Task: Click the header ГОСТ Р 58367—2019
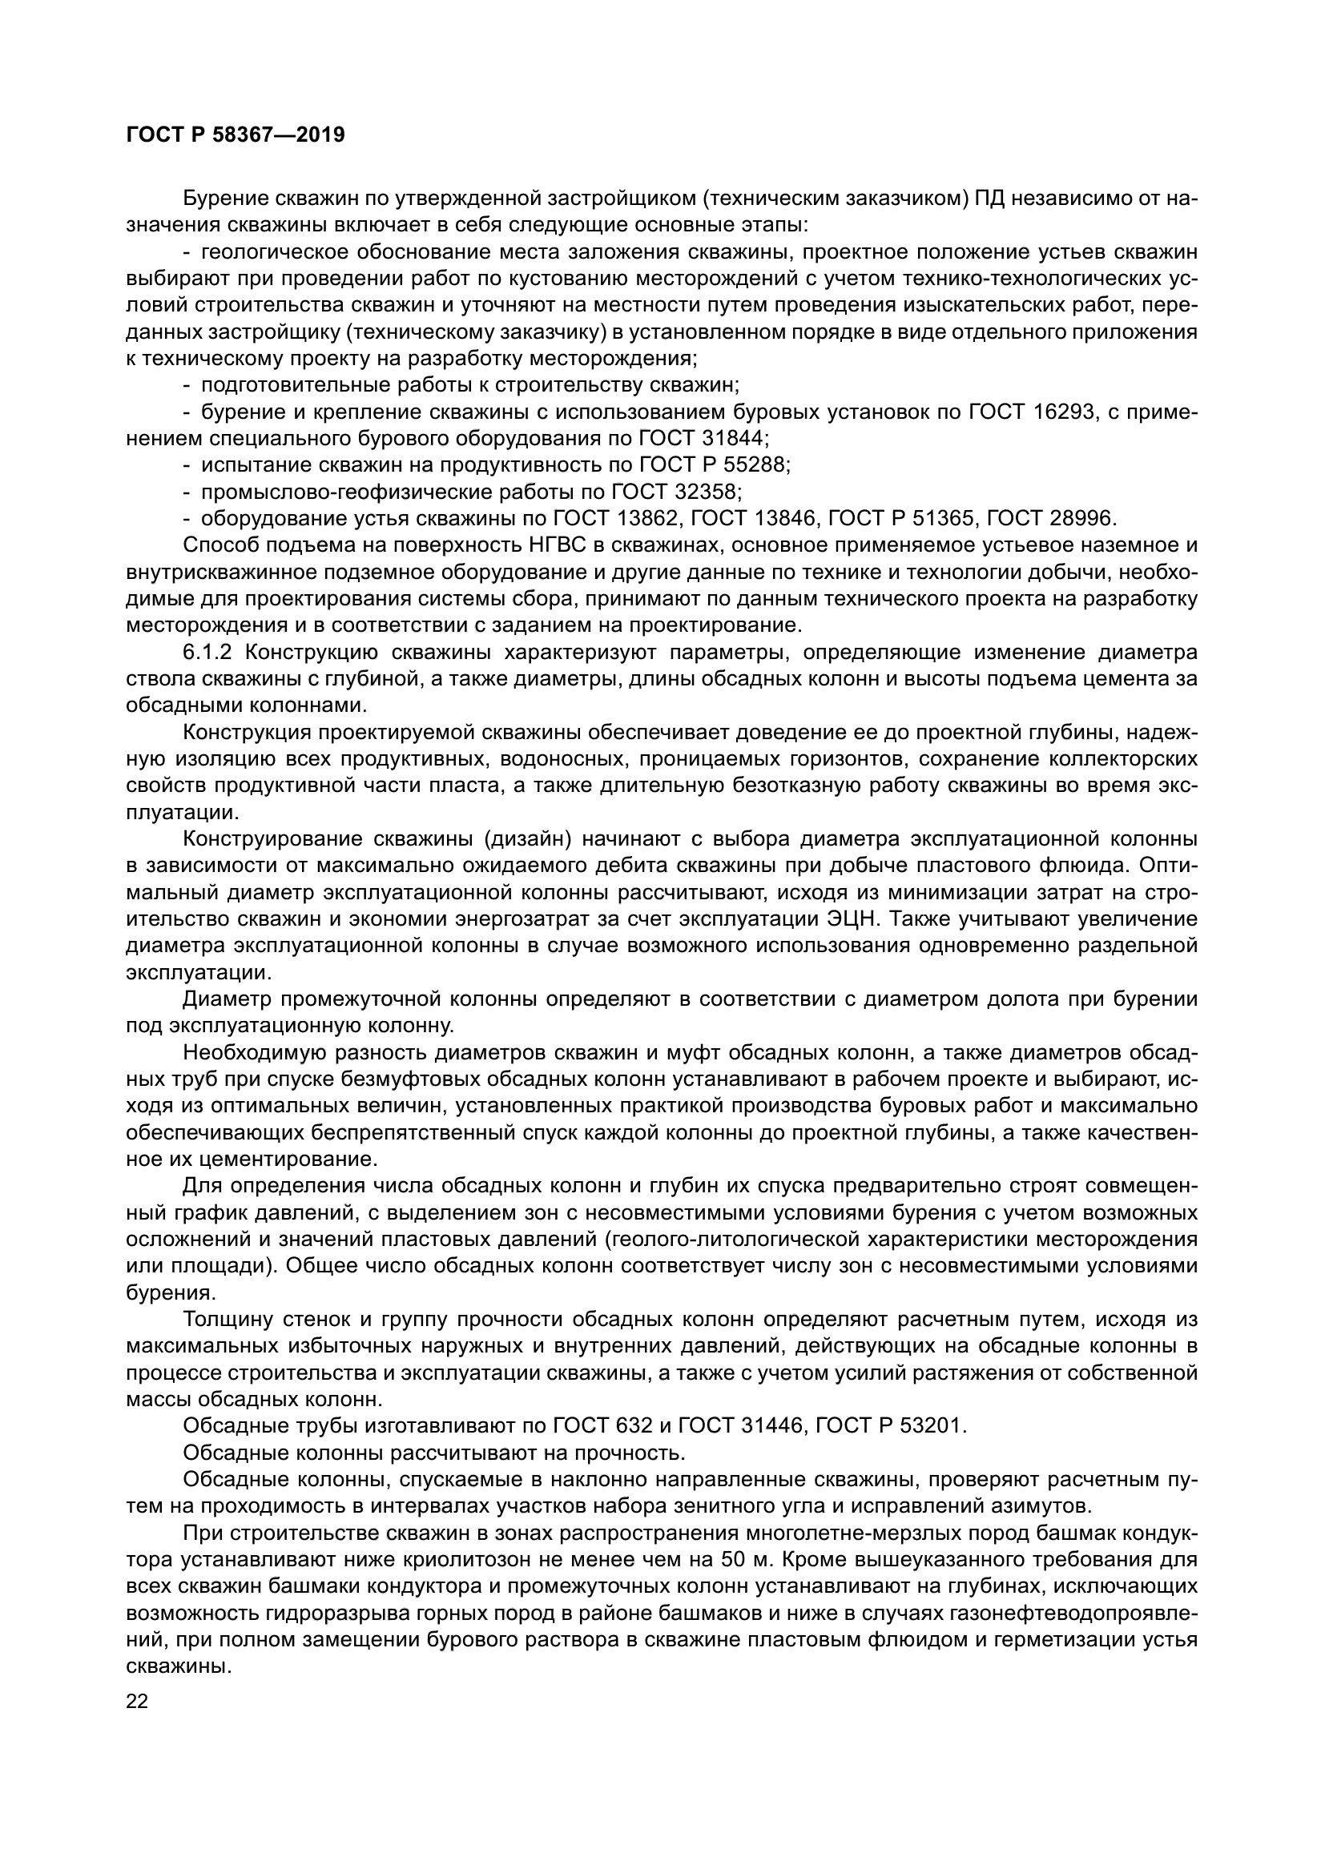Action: [x=236, y=135]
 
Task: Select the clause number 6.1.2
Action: [x=211, y=653]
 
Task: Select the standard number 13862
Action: [x=649, y=519]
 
